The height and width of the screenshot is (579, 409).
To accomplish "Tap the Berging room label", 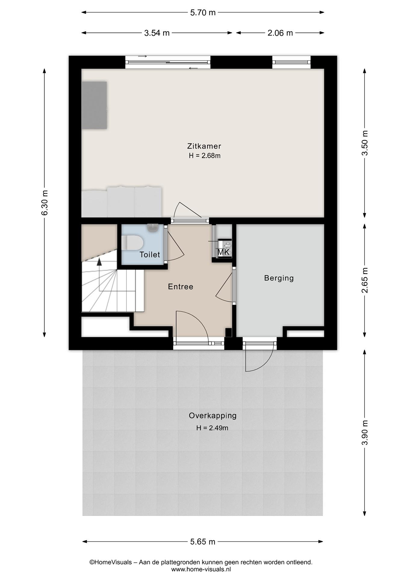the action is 279,278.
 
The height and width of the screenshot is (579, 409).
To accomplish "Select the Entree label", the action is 181,286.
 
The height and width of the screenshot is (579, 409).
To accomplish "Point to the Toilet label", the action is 150,255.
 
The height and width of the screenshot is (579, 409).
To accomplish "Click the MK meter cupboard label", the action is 224,252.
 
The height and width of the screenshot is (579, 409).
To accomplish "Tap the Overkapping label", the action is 213,416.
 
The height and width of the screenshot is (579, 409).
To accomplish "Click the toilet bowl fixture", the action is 133,243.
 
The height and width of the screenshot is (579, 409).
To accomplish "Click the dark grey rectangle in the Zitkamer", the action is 94,105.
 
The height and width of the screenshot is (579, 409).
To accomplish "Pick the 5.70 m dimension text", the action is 203,13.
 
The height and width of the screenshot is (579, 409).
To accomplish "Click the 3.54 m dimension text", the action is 157,33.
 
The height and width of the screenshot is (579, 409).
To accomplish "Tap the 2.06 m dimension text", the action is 280,33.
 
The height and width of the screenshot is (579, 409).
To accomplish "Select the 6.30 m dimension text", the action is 44,203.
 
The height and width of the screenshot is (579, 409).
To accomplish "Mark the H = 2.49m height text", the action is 212,428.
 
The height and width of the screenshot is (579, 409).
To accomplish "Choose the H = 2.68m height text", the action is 204,156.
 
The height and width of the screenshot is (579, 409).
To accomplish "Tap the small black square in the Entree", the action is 228,332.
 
